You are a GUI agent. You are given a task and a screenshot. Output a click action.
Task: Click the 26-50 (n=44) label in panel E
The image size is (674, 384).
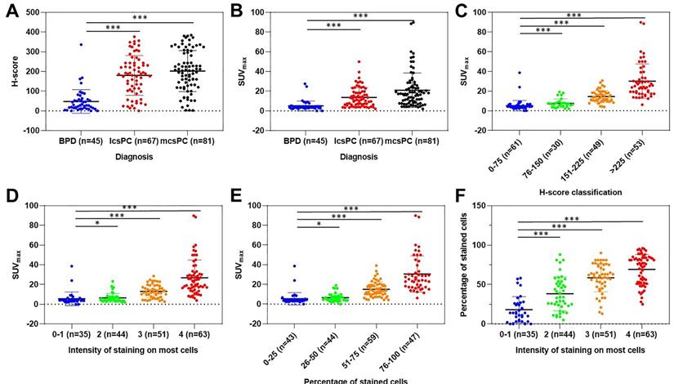(317, 341)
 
